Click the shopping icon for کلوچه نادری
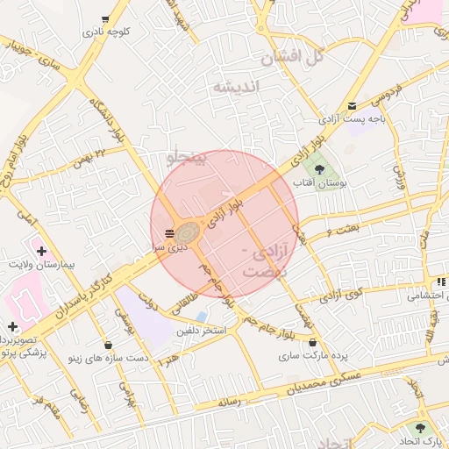(106, 18)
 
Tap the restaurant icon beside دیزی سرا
(168, 233)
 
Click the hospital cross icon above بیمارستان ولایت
(41, 251)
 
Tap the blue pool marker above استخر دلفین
(202, 317)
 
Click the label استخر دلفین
(202, 331)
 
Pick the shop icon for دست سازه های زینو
(107, 344)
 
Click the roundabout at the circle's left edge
(186, 234)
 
